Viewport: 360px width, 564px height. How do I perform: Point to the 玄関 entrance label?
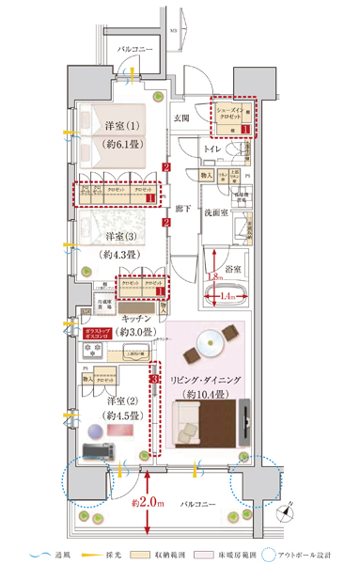pos(182,117)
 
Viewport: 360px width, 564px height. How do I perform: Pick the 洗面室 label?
pos(218,211)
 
